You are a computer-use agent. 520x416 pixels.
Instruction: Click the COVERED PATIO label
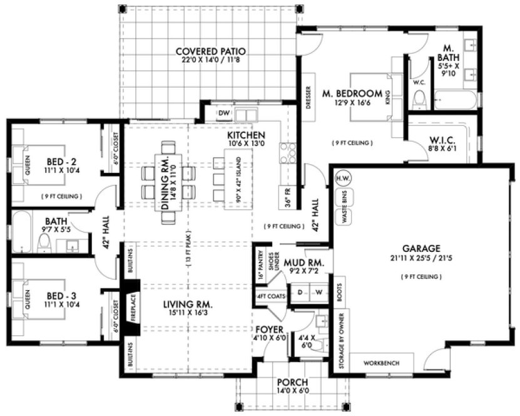[x=210, y=51]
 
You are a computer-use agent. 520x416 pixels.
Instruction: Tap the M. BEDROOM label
[x=352, y=94]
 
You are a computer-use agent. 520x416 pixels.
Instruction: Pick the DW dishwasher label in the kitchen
[x=223, y=113]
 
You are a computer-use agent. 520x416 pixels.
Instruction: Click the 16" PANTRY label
[x=260, y=267]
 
